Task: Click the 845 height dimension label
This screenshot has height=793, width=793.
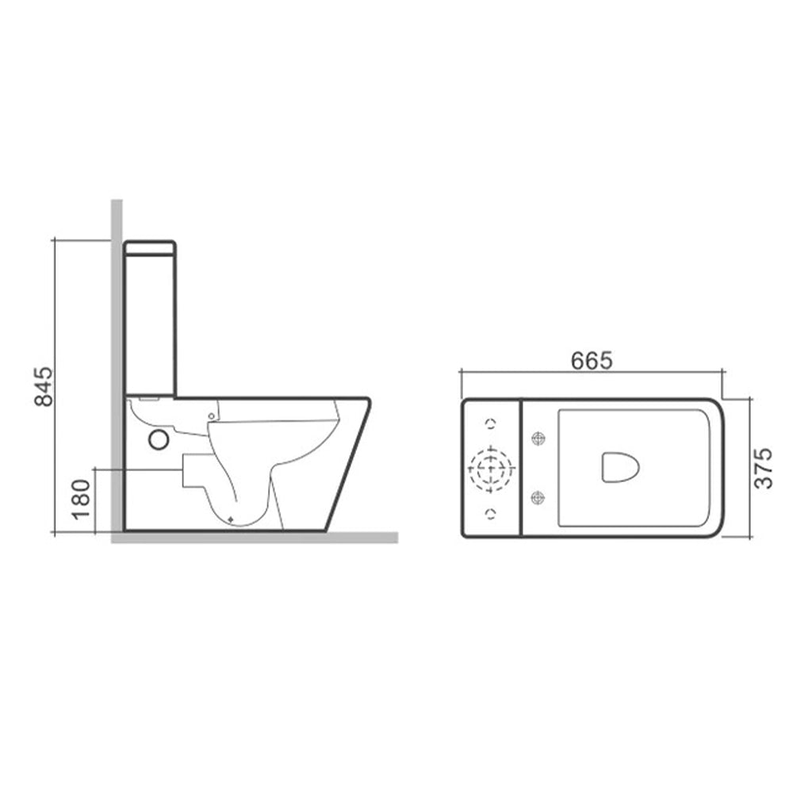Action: pos(44,386)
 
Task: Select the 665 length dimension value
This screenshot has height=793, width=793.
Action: pos(592,361)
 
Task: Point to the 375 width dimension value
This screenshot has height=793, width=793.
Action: pos(763,469)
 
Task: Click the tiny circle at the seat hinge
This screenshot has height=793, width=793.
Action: pos(212,416)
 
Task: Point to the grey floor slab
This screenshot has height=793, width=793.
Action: pos(254,538)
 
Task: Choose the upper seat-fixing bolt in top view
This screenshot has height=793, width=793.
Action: pos(539,438)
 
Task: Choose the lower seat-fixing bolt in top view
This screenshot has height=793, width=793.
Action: pos(539,498)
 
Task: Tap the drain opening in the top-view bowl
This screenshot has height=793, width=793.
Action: pos(620,467)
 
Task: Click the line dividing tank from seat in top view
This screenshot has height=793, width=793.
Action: pos(520,468)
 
